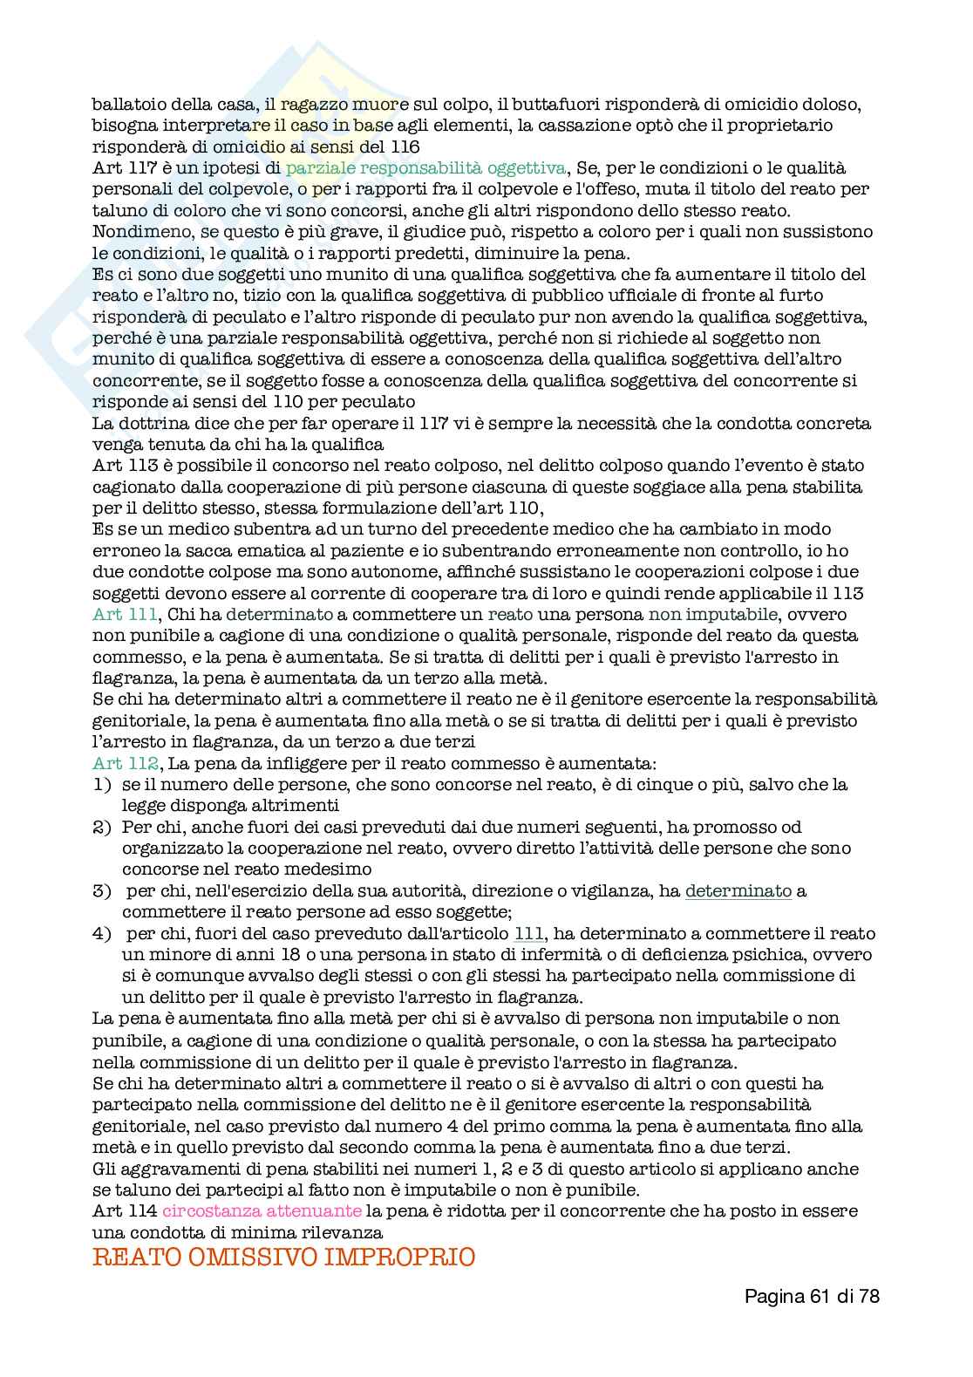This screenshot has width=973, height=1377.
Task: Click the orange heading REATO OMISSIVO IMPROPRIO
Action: pyautogui.click(x=283, y=1257)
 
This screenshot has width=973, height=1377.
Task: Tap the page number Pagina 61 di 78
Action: pyautogui.click(x=812, y=1296)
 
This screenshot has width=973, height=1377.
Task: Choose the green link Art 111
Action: pyautogui.click(x=123, y=615)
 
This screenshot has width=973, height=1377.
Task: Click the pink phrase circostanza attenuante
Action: pyautogui.click(x=262, y=1210)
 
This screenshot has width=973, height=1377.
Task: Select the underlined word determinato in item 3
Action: pyautogui.click(x=738, y=891)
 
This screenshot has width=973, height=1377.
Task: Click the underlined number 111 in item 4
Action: pyautogui.click(x=529, y=934)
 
